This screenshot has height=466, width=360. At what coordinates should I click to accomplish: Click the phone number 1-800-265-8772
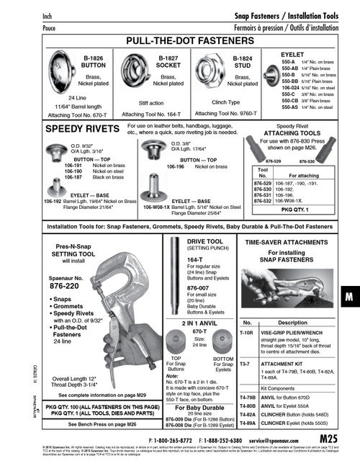pyautogui.click(x=169, y=438)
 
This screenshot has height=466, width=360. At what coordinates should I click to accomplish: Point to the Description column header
pyautogui.click(x=293, y=323)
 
